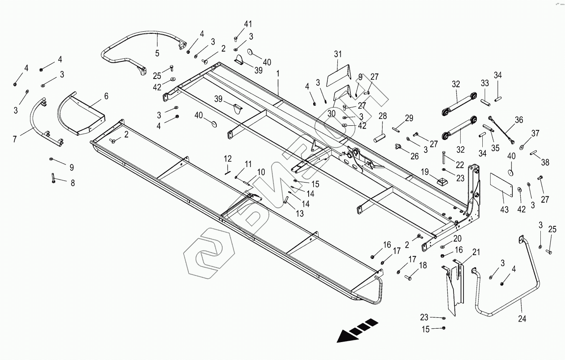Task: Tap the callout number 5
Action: point(157,53)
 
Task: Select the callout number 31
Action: point(337,54)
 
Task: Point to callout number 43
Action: point(504,210)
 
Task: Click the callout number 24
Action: point(522,319)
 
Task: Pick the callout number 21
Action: point(476,252)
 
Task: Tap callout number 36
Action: point(519,120)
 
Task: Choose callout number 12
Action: point(228,159)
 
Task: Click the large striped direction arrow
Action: point(355,330)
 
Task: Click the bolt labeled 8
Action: point(53,178)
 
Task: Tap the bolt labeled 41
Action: point(236,40)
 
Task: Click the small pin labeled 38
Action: point(533,153)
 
